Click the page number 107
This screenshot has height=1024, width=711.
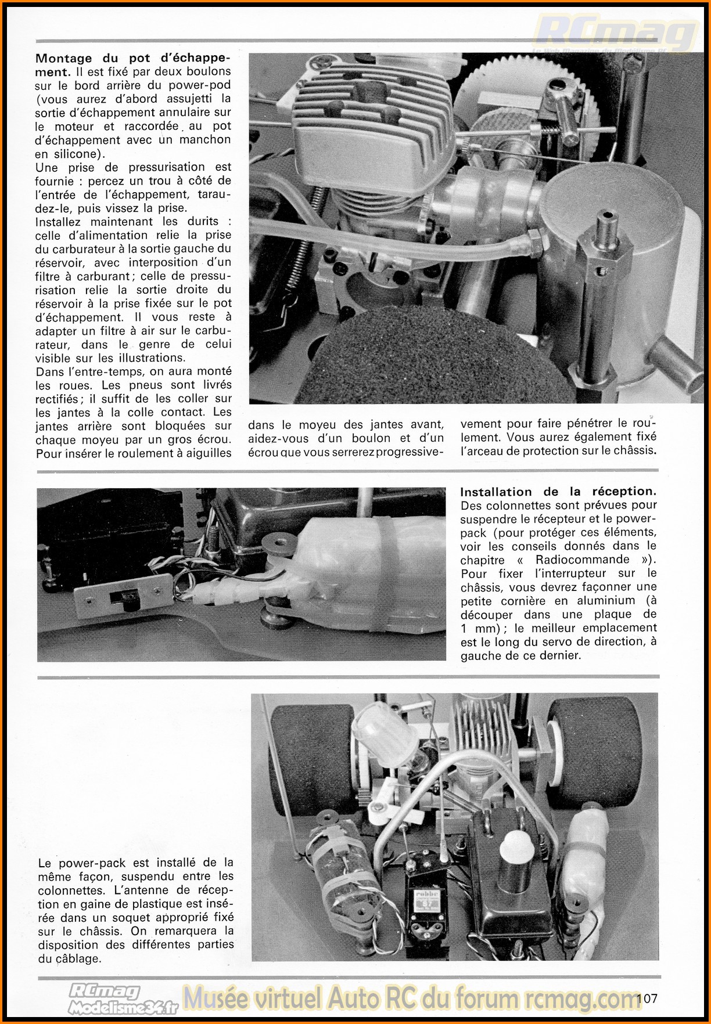[x=647, y=998]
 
